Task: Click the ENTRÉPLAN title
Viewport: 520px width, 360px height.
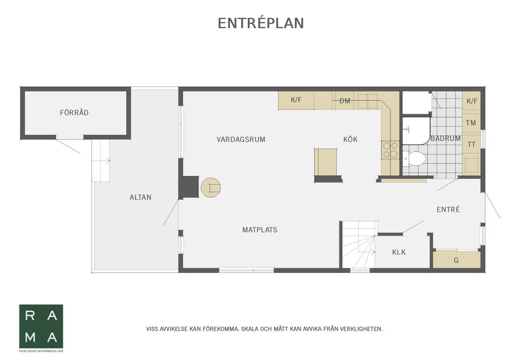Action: pos(261,23)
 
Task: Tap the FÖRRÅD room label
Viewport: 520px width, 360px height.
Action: pos(74,113)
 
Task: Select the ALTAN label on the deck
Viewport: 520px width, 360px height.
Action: pos(140,198)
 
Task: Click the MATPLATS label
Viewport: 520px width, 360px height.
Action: pos(259,230)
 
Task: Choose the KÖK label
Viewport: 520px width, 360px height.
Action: pos(350,139)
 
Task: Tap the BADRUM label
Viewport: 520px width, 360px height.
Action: pos(445,139)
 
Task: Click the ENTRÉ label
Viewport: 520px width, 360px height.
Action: pos(448,209)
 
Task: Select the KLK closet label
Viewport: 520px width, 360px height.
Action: pos(399,252)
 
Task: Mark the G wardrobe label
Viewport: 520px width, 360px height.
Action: pos(456,260)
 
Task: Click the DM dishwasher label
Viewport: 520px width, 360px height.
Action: pos(344,101)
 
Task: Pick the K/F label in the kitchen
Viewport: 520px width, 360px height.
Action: pos(296,100)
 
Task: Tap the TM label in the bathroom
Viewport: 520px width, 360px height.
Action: pos(471,123)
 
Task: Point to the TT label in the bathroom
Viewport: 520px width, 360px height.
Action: pos(471,145)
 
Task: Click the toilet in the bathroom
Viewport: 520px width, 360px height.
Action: pos(416,159)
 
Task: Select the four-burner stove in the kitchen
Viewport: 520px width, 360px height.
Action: pos(389,149)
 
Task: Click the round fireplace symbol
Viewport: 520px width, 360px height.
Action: pos(211,187)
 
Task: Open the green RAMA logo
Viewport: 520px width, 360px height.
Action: pos(41,326)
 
